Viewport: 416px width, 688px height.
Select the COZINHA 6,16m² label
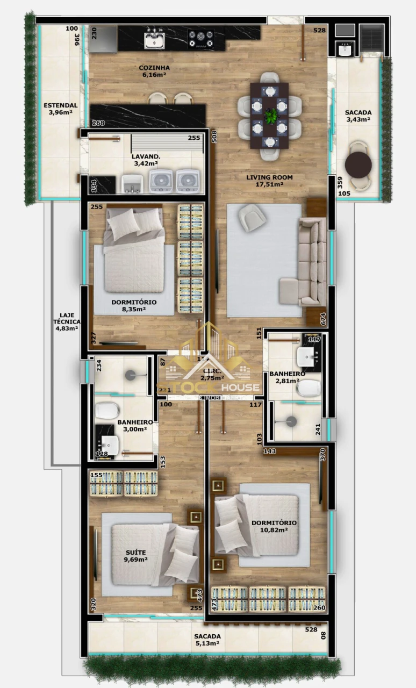coord(154,71)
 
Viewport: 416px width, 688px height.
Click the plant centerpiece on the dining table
coord(272,114)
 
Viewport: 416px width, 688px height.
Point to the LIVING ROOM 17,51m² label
coord(265,181)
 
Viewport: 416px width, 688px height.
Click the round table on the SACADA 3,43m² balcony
coord(358,165)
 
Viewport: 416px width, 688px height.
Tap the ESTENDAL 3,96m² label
coord(60,109)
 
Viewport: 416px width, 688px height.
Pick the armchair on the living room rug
coord(252,217)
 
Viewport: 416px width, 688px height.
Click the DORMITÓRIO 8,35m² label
coord(134,305)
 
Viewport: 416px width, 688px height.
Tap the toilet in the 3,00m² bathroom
coord(107,411)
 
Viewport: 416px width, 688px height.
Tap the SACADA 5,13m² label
coord(207,640)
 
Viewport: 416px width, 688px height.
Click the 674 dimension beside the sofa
coord(323,318)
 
